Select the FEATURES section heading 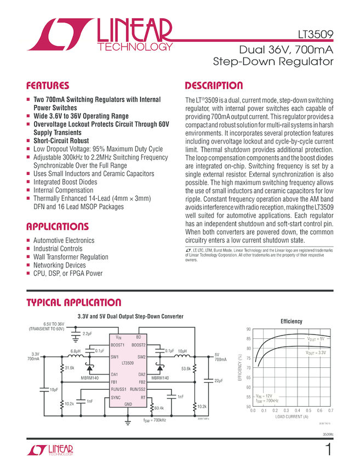pyautogui.click(x=48, y=86)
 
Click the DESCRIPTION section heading pyautogui.click(x=214, y=86)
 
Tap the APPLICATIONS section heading pyautogui.click(x=57, y=227)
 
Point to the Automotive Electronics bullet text pyautogui.click(x=64, y=241)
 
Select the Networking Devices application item pyautogui.click(x=59, y=265)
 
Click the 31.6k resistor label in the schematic pyautogui.click(x=69, y=368)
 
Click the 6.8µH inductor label pyautogui.click(x=76, y=350)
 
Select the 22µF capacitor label pyautogui.click(x=218, y=380)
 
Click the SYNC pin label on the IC pyautogui.click(x=116, y=396)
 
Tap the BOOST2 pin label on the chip pyautogui.click(x=138, y=345)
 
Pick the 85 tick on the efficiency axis pyautogui.click(x=248, y=339)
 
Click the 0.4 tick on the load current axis pyautogui.click(x=298, y=410)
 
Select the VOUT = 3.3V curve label pyautogui.click(x=316, y=353)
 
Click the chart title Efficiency pyautogui.click(x=292, y=321)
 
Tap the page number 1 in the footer pyautogui.click(x=328, y=450)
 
